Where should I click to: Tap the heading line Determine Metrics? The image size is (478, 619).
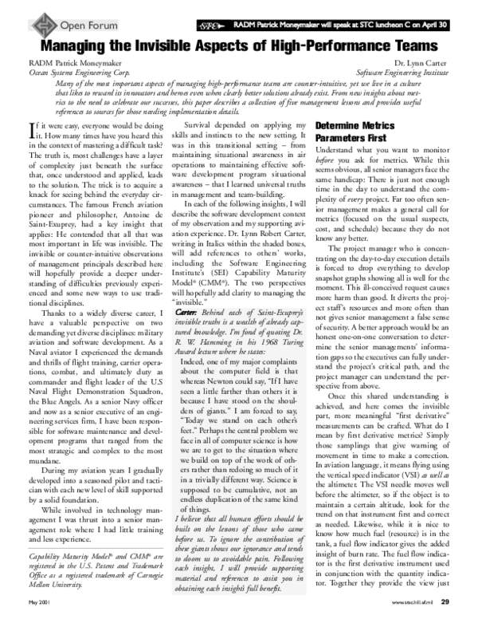tap(359, 126)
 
